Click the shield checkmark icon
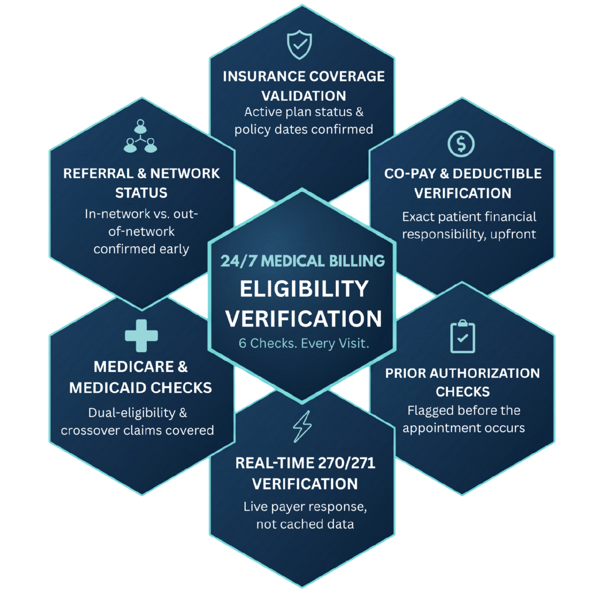tap(299, 44)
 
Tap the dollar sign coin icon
tap(461, 144)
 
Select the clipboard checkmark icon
tap(463, 336)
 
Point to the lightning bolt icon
tap(302, 426)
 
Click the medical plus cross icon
tap(142, 335)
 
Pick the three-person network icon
tap(140, 136)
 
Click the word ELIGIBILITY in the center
tap(304, 289)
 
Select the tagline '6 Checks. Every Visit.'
tap(304, 343)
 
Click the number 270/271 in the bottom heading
tap(346, 463)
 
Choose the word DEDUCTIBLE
tap(497, 173)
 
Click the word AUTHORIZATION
tap(485, 373)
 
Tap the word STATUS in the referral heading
tap(142, 193)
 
